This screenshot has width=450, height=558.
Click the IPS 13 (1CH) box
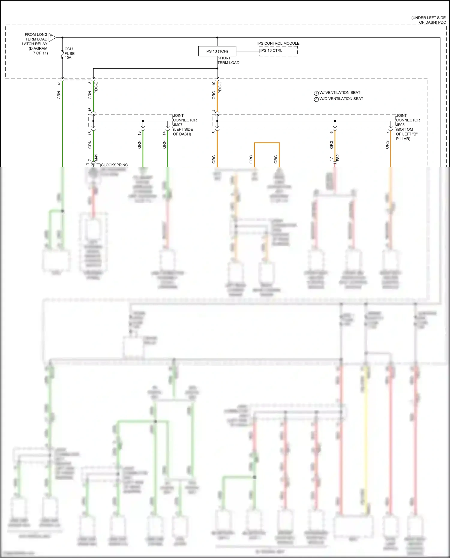[x=217, y=51]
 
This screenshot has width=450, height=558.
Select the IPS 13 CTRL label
[x=271, y=51]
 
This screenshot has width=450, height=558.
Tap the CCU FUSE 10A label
[x=69, y=53]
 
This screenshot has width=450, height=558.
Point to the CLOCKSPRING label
[x=114, y=165]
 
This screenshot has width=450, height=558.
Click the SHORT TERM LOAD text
[x=228, y=61]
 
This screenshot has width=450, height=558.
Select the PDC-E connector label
[x=96, y=87]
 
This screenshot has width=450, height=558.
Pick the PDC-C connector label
[x=220, y=87]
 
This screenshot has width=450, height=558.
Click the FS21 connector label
[x=338, y=157]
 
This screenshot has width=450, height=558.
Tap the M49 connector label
[x=96, y=158]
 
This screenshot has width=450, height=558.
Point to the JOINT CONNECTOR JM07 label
[x=184, y=125]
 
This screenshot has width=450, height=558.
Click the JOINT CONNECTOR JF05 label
[x=408, y=127]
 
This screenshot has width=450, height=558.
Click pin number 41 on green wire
[x=59, y=83]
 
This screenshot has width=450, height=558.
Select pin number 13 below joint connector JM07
[x=139, y=133]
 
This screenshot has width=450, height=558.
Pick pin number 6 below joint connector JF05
[x=331, y=132]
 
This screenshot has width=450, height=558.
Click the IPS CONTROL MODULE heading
[x=278, y=43]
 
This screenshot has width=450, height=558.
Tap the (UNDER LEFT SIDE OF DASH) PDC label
[x=428, y=20]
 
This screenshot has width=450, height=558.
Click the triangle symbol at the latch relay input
[x=52, y=37]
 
